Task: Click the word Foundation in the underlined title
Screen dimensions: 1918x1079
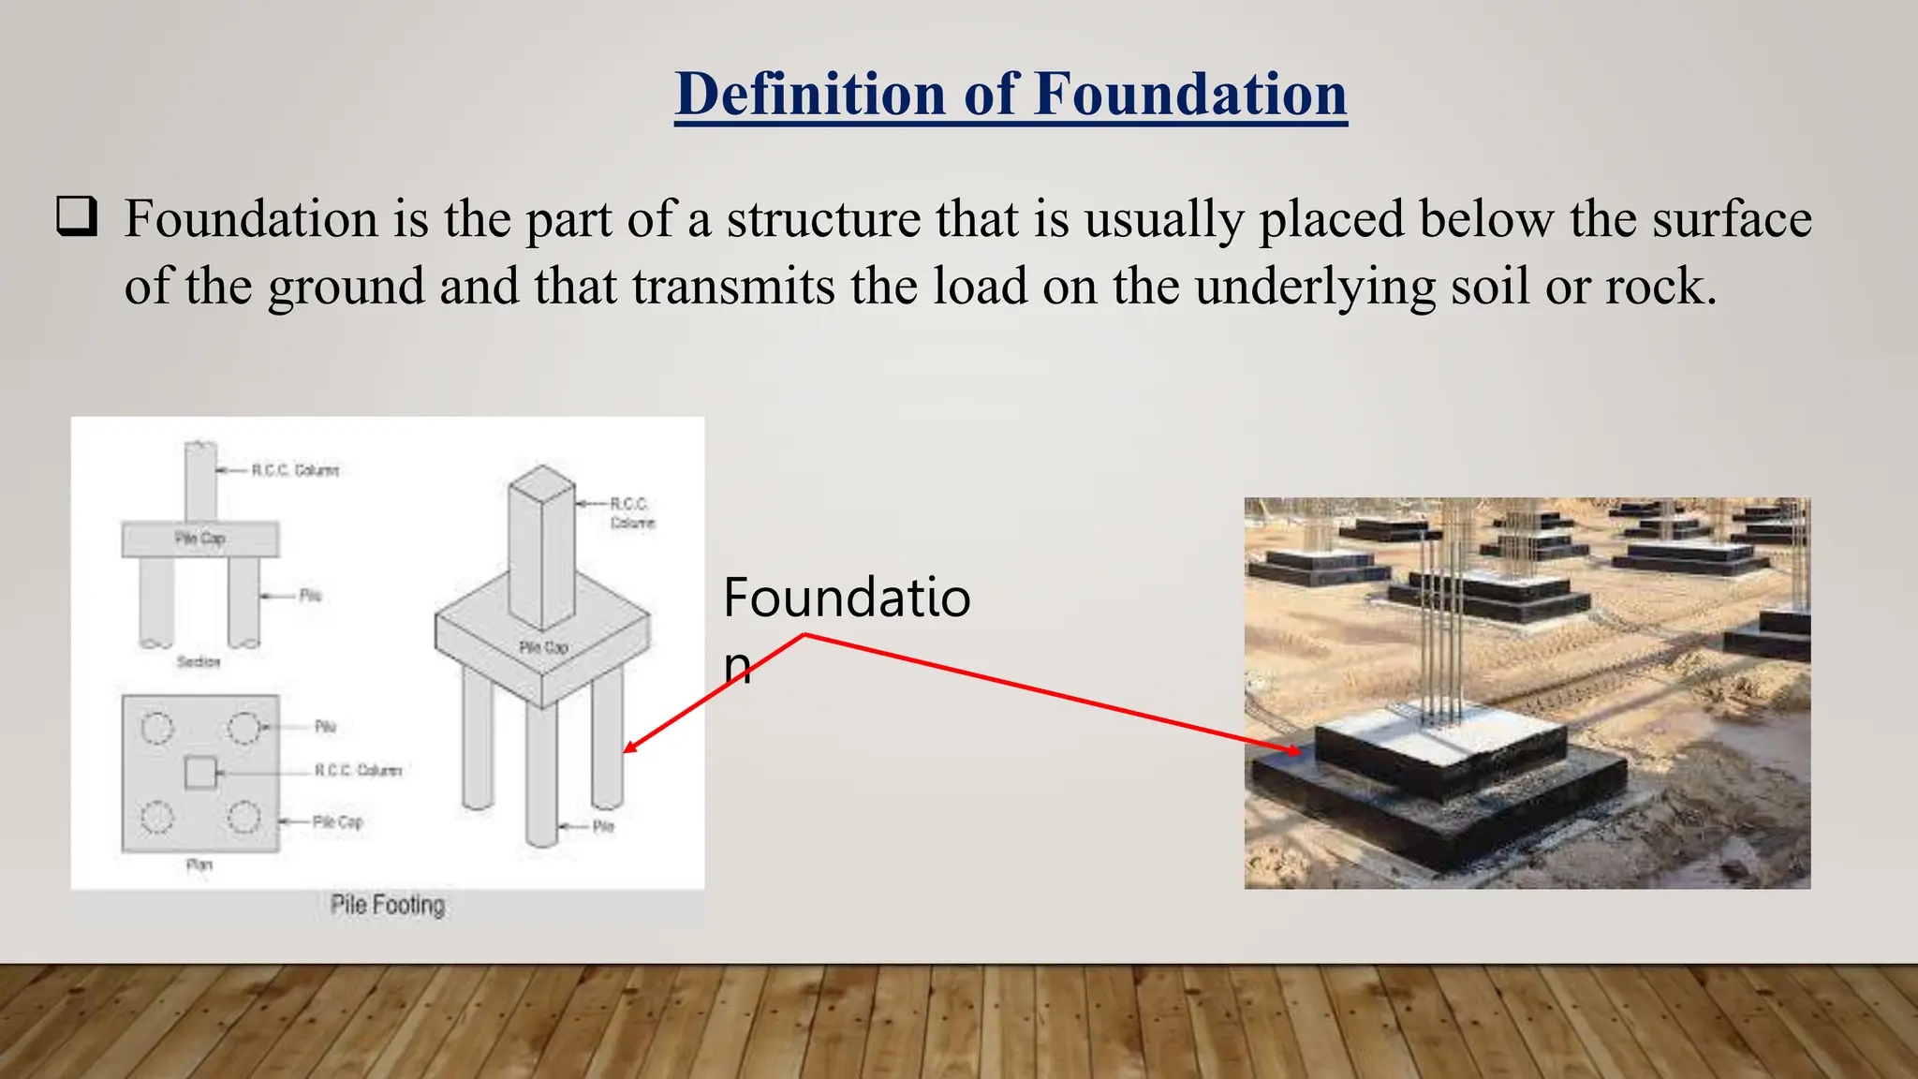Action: (x=1189, y=94)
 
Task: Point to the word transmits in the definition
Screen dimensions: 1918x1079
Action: (x=732, y=287)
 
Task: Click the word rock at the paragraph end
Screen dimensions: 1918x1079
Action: (x=1654, y=287)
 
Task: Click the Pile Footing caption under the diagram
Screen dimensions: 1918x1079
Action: (x=387, y=905)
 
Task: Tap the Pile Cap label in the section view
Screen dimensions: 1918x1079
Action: (x=199, y=538)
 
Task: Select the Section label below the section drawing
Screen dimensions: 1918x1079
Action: (x=198, y=662)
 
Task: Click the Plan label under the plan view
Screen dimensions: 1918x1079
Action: (x=199, y=865)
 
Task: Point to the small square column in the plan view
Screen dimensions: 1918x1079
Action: (x=199, y=774)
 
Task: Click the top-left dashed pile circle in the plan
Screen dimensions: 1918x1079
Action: (x=157, y=728)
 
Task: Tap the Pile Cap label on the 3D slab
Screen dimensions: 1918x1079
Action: (x=543, y=647)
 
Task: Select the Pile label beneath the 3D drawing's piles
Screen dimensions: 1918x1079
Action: (x=603, y=826)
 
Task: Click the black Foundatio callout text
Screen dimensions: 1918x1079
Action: (x=846, y=598)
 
